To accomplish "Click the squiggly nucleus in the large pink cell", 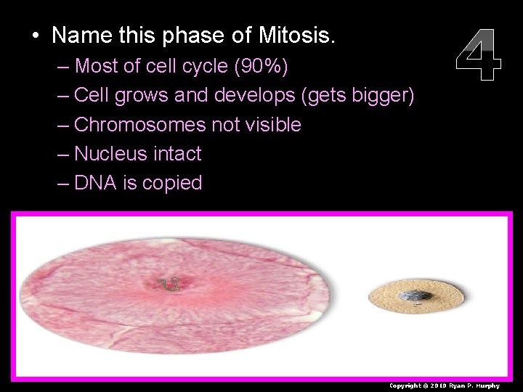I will click(x=169, y=285).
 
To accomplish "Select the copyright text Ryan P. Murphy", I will click(x=480, y=385).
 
